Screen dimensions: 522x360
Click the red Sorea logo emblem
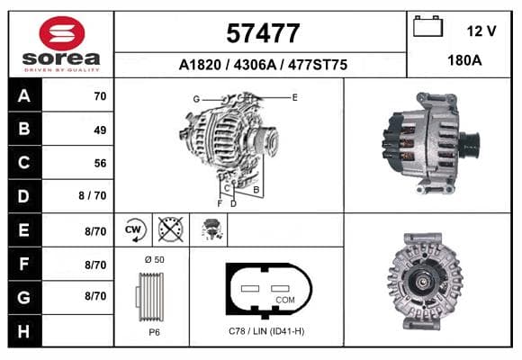[62, 33]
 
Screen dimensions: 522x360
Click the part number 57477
[263, 33]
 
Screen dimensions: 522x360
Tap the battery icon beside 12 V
[427, 26]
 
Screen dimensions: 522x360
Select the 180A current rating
[464, 60]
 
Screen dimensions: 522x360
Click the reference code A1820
[200, 65]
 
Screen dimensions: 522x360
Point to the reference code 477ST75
[318, 65]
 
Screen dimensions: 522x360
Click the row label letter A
[24, 96]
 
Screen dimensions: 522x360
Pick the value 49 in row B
[100, 130]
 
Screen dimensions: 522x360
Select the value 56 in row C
[100, 163]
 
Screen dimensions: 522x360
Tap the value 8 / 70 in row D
[93, 195]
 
